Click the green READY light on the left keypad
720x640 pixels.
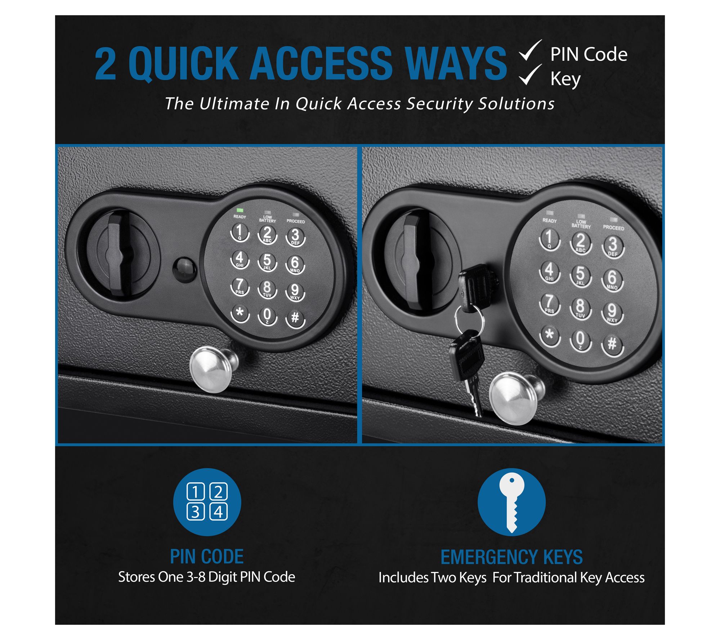239,210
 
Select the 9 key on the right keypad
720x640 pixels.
612,312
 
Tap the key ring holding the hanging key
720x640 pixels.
469,319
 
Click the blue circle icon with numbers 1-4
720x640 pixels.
207,502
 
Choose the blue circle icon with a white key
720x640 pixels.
511,502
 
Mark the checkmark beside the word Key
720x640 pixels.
530,75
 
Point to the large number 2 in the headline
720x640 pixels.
106,64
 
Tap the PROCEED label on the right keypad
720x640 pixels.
613,228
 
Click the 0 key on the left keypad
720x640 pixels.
267,316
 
